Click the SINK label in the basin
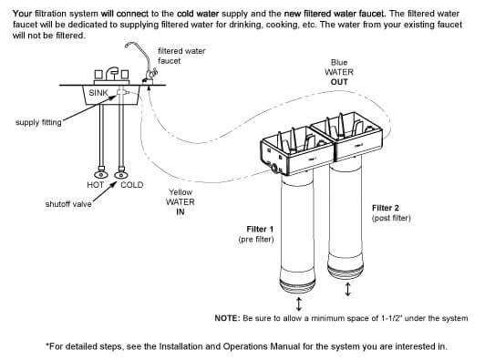[98, 92]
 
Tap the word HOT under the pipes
[95, 185]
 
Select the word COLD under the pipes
[132, 185]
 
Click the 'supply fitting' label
[38, 122]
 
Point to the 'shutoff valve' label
[68, 204]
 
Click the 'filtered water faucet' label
[181, 56]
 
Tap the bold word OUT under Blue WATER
[339, 82]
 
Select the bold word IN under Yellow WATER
[181, 212]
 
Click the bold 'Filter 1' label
[260, 229]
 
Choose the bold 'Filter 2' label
[386, 208]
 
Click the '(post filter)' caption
[391, 218]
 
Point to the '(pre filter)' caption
[256, 240]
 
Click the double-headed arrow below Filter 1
[298, 303]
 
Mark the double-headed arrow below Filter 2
[348, 289]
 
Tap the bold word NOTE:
[227, 318]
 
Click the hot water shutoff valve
[101, 172]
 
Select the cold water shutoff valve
[121, 172]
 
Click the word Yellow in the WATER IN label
[181, 192]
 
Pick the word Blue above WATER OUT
[339, 63]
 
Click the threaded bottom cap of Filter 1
[297, 282]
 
